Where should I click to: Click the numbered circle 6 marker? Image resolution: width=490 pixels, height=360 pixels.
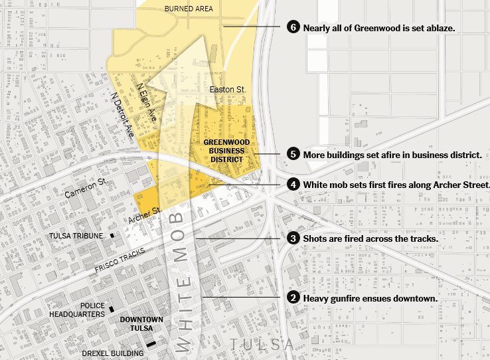[x=293, y=27]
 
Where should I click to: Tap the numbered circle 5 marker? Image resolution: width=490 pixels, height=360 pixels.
[x=293, y=153]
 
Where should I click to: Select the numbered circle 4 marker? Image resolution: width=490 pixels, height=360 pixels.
[x=293, y=184]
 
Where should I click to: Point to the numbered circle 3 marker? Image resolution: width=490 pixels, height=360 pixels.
[x=293, y=238]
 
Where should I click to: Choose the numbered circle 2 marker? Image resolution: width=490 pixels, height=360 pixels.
[x=293, y=298]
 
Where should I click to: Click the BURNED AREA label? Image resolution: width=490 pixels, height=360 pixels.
[x=188, y=9]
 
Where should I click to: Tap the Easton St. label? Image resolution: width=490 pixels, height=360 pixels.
[x=228, y=88]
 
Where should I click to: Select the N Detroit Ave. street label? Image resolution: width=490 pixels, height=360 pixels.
[x=123, y=114]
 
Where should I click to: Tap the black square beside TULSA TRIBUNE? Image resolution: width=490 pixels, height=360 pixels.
[x=112, y=236]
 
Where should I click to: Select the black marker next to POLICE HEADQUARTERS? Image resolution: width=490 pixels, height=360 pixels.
[x=112, y=309]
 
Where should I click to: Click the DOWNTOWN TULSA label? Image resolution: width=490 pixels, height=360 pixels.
[x=141, y=323]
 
